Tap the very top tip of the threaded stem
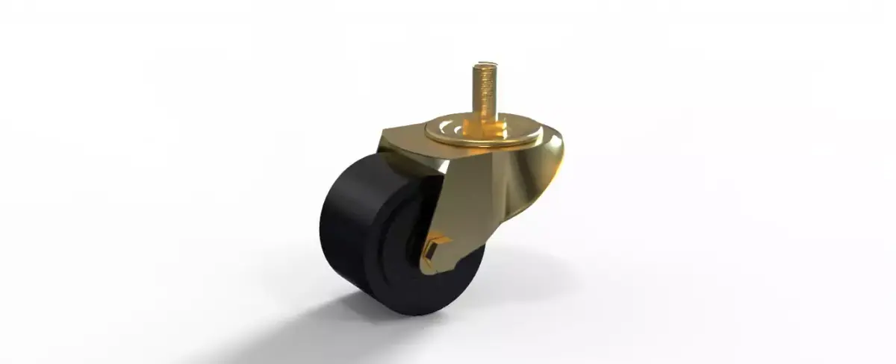tap(481, 66)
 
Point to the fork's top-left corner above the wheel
tap(385, 138)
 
